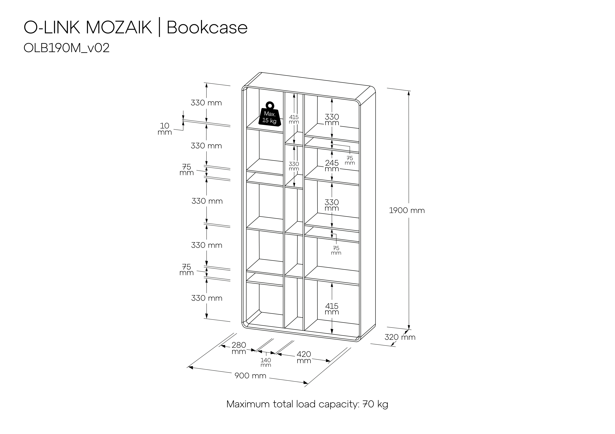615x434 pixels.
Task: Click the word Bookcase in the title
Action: pyautogui.click(x=207, y=28)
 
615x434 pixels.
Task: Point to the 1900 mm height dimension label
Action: pyautogui.click(x=407, y=211)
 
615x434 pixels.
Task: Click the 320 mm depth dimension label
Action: pyautogui.click(x=400, y=337)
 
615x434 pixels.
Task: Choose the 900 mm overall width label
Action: pyautogui.click(x=250, y=376)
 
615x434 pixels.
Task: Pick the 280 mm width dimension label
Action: pyautogui.click(x=239, y=348)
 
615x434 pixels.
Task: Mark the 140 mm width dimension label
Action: pyautogui.click(x=266, y=362)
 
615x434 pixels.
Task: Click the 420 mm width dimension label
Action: pyautogui.click(x=304, y=357)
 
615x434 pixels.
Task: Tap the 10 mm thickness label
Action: pyautogui.click(x=165, y=129)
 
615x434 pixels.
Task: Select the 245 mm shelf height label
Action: pyautogui.click(x=332, y=166)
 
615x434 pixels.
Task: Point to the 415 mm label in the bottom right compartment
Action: pyautogui.click(x=332, y=309)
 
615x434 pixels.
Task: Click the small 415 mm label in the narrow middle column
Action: pyautogui.click(x=294, y=119)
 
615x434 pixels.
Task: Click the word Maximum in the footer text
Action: pyautogui.click(x=248, y=404)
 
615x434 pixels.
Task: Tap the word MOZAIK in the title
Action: pyautogui.click(x=119, y=28)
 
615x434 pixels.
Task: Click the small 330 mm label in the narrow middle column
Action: pyautogui.click(x=294, y=166)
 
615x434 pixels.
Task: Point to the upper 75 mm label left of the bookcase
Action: pyautogui.click(x=186, y=170)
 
